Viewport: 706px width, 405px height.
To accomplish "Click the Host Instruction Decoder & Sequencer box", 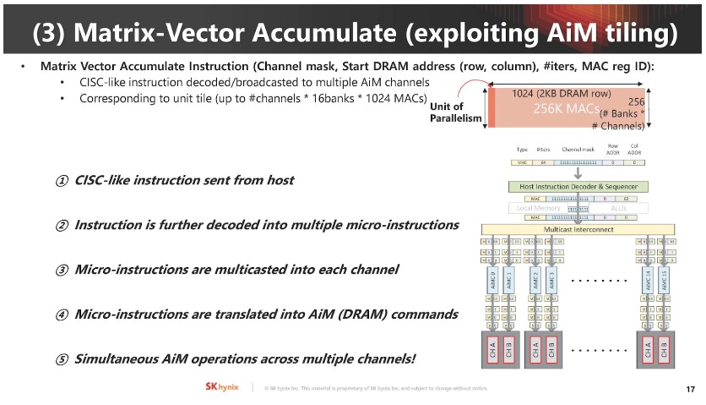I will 578,186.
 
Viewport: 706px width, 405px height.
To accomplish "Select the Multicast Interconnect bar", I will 578,229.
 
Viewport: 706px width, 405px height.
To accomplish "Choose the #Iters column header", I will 543,150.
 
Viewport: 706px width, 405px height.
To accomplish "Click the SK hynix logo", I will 224,386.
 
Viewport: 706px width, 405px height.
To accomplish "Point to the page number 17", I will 690,388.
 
